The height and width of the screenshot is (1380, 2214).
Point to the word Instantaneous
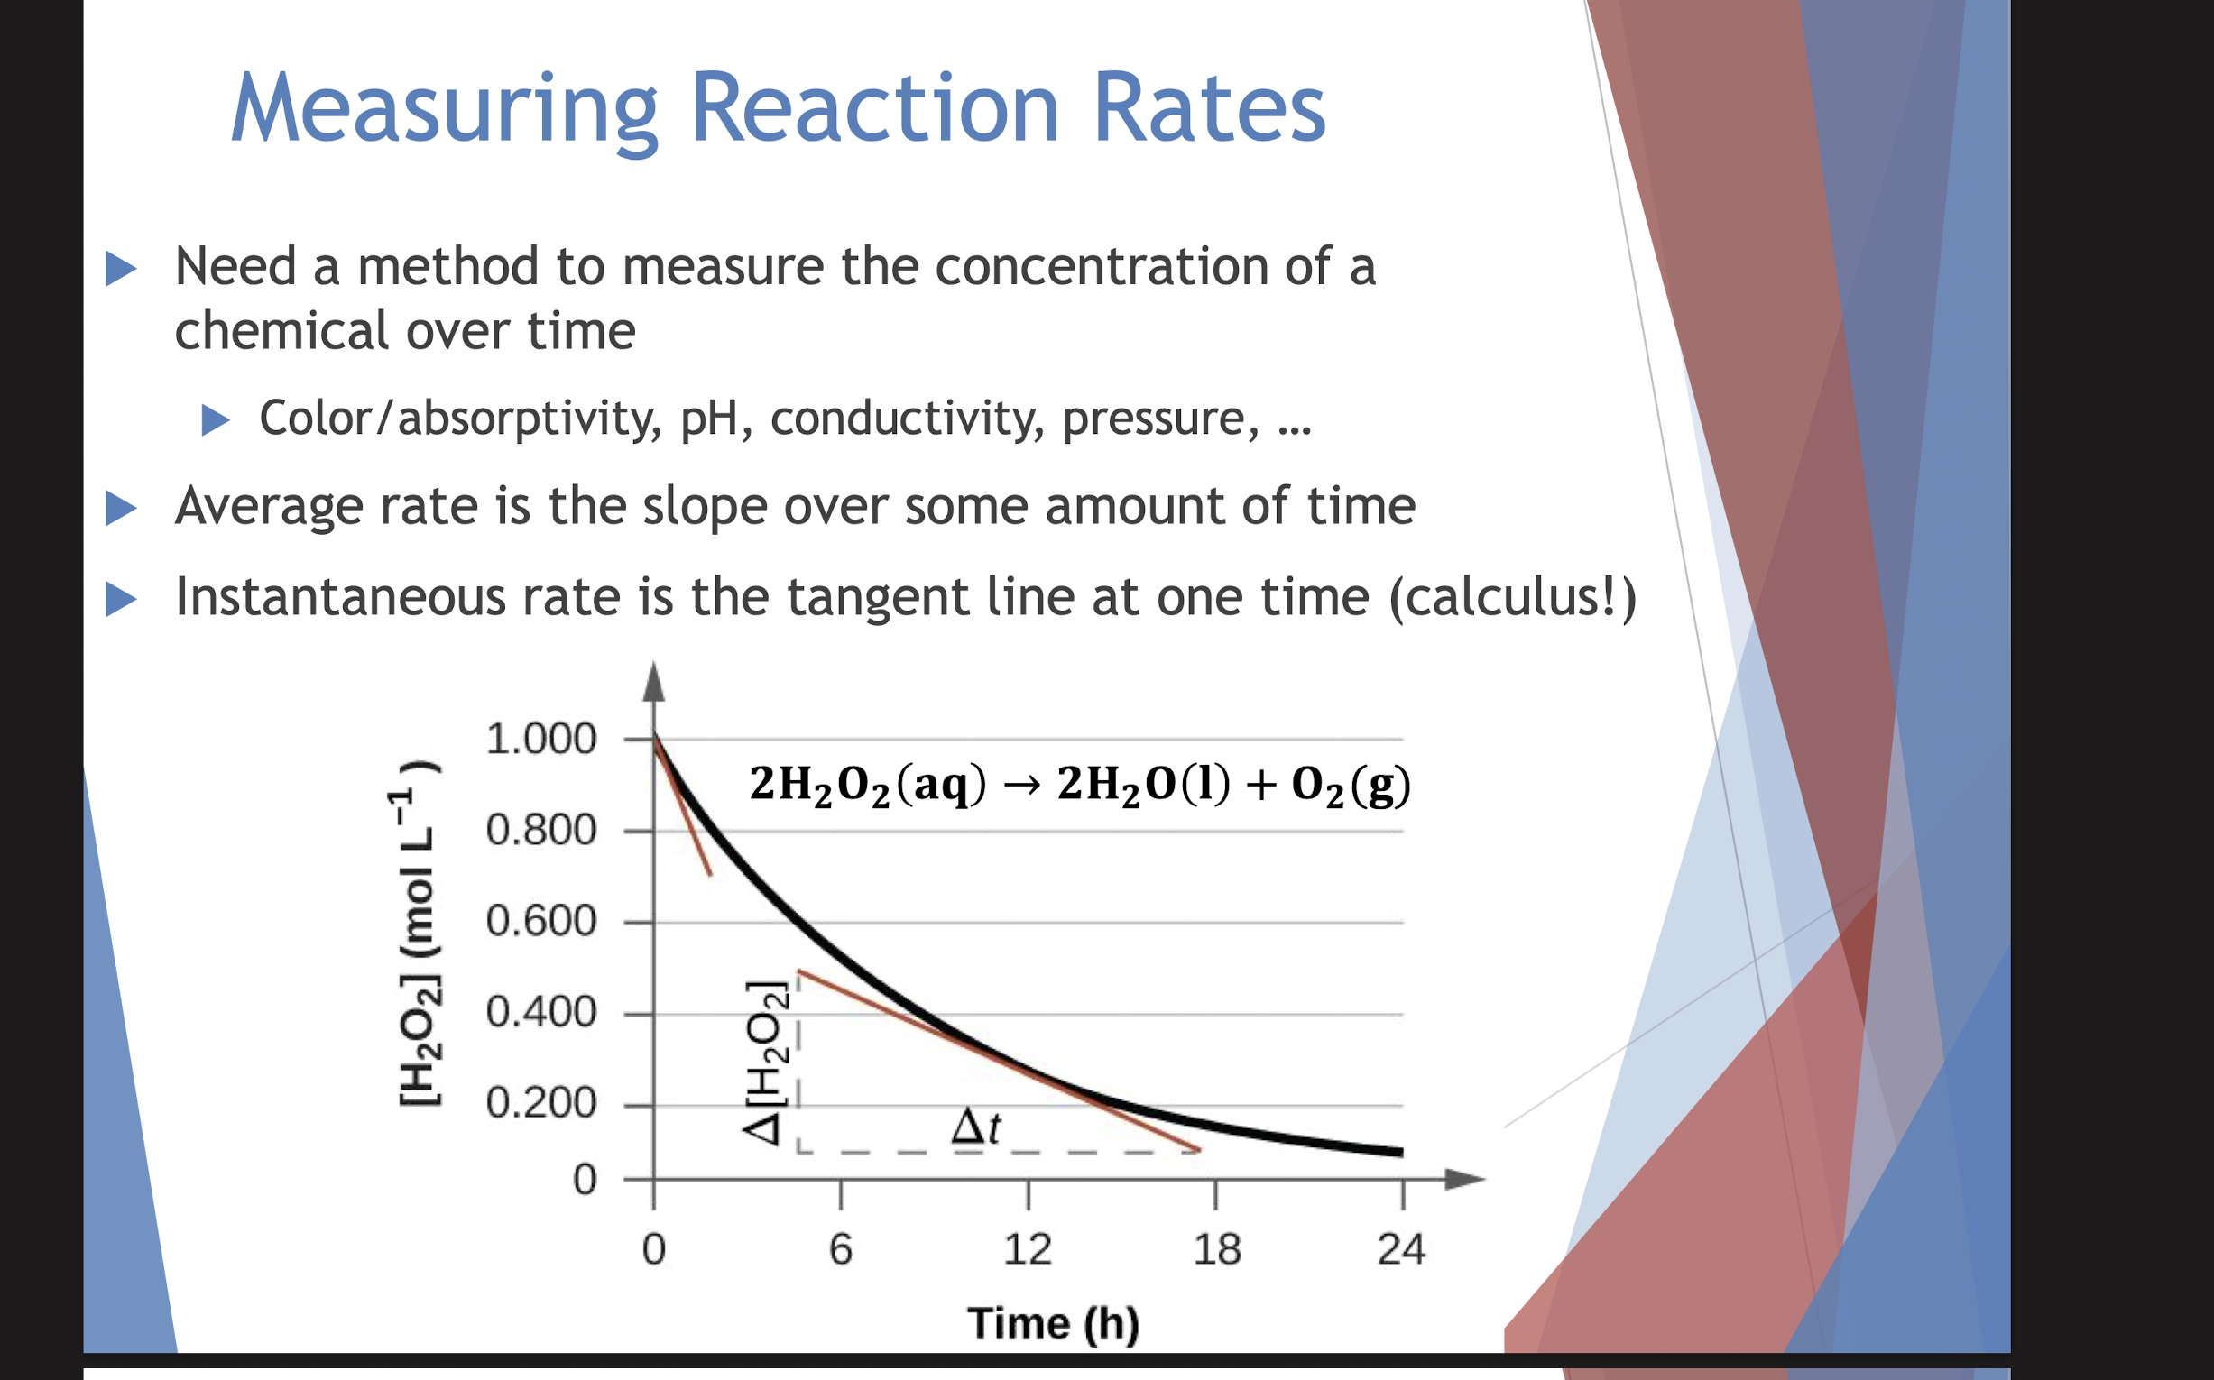pyautogui.click(x=339, y=597)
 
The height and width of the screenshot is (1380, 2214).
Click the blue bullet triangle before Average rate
pyautogui.click(x=121, y=508)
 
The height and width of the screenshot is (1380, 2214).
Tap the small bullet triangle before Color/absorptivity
pyautogui.click(x=215, y=419)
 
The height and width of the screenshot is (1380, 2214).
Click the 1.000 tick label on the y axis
pyautogui.click(x=540, y=739)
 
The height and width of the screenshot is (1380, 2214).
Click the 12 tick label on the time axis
pyautogui.click(x=1027, y=1248)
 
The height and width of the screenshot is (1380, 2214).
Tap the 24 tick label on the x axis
pyautogui.click(x=1401, y=1248)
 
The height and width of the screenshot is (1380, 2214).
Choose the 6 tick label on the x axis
pyautogui.click(x=840, y=1248)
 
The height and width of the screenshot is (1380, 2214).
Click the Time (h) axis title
pyautogui.click(x=1053, y=1323)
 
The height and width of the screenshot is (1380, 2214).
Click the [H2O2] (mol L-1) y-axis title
pyautogui.click(x=419, y=933)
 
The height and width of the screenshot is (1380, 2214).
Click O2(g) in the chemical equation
pyautogui.click(x=1351, y=785)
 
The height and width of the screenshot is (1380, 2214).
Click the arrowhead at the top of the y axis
pyautogui.click(x=654, y=682)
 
